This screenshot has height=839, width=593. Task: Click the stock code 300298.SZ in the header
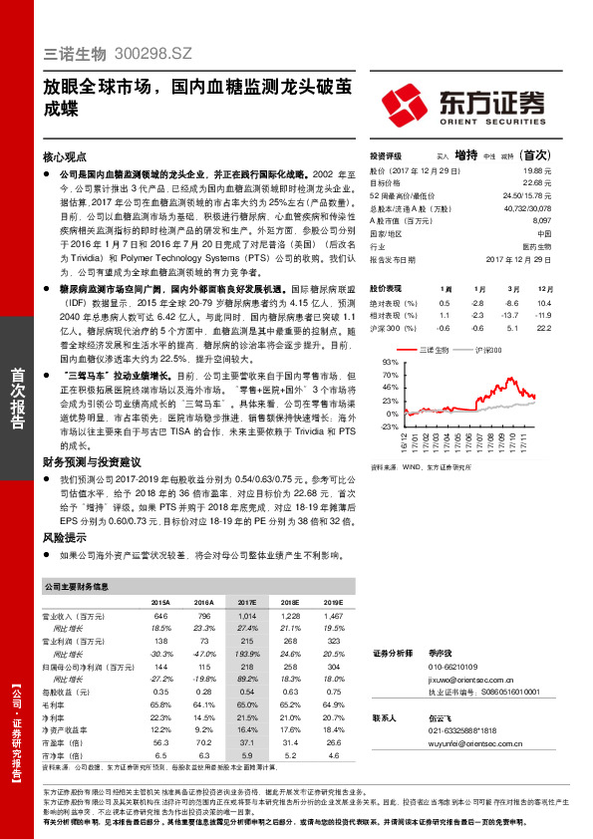click(155, 51)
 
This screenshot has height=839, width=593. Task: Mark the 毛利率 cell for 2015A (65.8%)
click(160, 704)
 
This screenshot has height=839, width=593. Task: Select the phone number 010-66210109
click(452, 667)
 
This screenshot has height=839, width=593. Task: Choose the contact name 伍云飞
click(441, 716)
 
